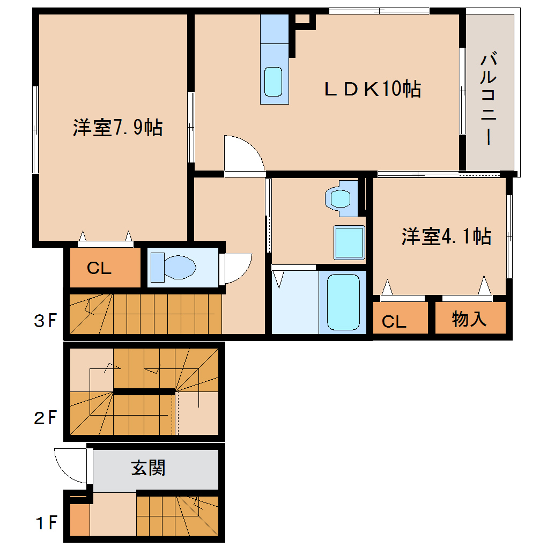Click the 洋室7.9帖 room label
[x=117, y=128]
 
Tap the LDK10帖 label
[x=372, y=89]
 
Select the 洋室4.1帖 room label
[x=446, y=236]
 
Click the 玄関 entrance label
[x=148, y=468]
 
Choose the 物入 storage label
[x=469, y=319]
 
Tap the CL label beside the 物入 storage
[x=394, y=321]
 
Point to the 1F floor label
[x=45, y=522]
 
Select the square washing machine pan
[x=349, y=242]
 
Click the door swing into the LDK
[x=243, y=154]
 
